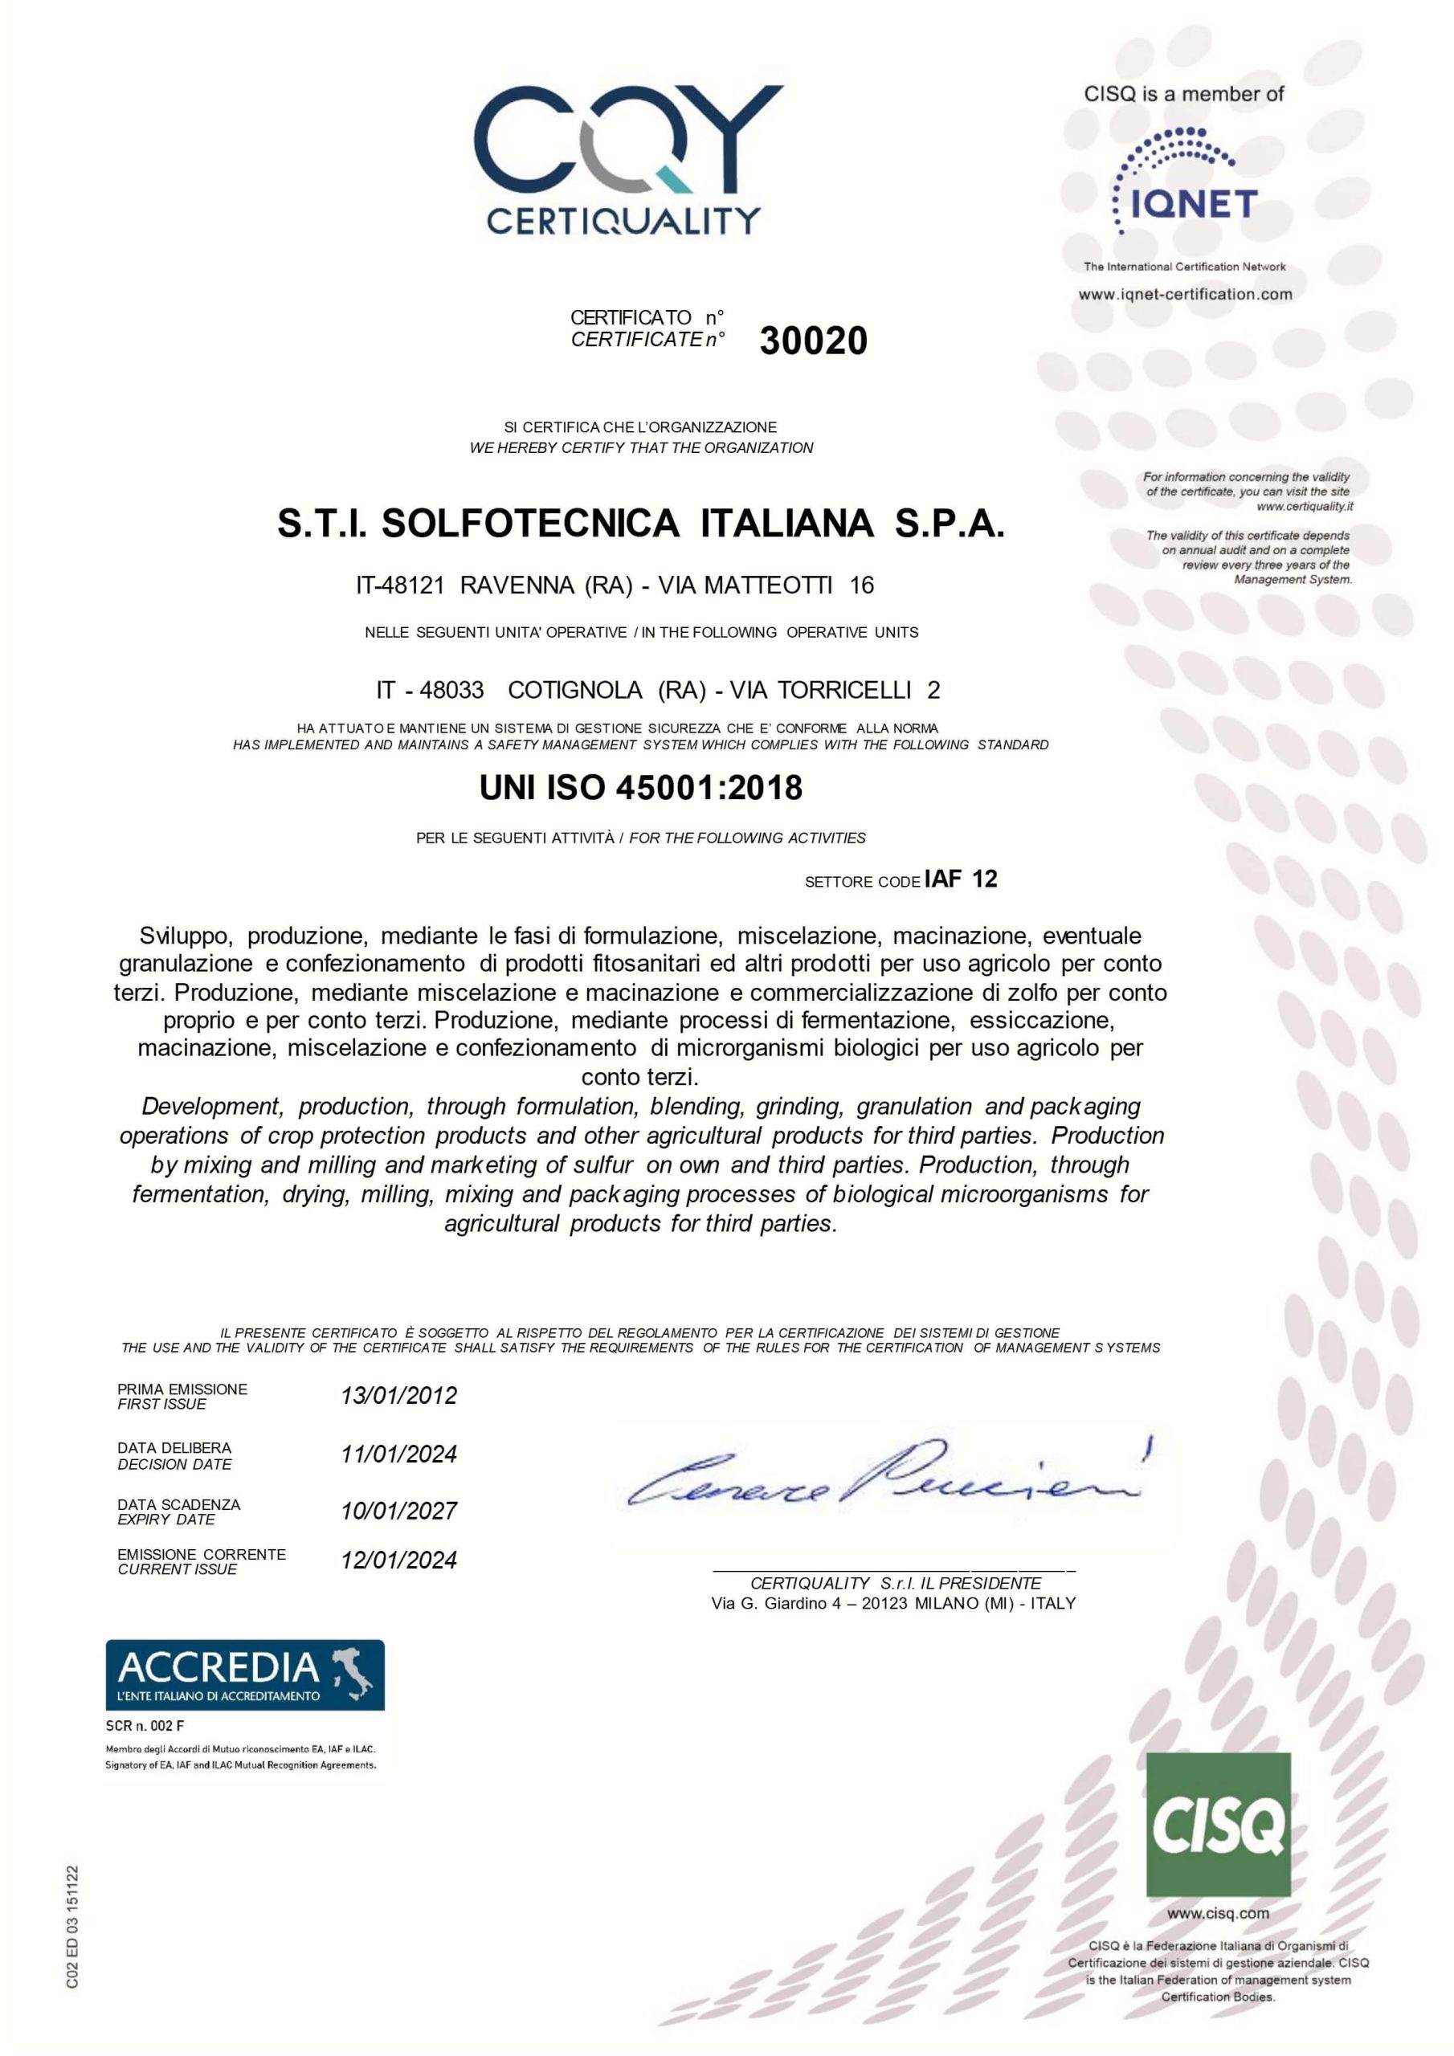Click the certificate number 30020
(813, 341)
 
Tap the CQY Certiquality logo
(627, 159)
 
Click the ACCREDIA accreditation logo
(244, 1674)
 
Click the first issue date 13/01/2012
(398, 1396)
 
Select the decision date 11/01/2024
(398, 1454)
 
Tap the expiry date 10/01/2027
(398, 1511)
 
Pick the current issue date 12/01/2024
(398, 1560)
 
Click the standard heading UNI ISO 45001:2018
(640, 788)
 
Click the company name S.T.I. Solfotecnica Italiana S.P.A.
(640, 524)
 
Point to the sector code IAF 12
(961, 879)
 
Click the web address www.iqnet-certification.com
(1184, 294)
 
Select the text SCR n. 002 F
(145, 1726)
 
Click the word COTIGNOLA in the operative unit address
(574, 691)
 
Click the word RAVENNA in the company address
(517, 585)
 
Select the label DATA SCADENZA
(179, 1504)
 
